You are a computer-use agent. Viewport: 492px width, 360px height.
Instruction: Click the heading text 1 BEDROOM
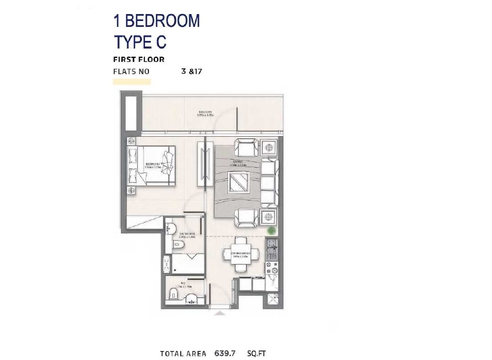click(156, 21)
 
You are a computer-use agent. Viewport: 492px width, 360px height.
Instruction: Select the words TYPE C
click(140, 42)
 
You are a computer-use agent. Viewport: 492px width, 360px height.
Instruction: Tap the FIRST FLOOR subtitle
click(138, 60)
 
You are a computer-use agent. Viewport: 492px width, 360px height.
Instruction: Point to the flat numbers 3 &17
click(192, 71)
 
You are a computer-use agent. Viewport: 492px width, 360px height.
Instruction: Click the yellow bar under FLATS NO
click(131, 82)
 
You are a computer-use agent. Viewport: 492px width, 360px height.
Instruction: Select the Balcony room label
click(205, 114)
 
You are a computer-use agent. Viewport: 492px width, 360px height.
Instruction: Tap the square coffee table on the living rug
click(240, 184)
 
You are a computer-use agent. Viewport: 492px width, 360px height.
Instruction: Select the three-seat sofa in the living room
click(269, 182)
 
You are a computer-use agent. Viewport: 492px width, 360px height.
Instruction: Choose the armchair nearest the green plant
click(246, 217)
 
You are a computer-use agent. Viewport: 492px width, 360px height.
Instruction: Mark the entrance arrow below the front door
click(220, 314)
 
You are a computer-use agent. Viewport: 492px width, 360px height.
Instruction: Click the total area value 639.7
click(225, 353)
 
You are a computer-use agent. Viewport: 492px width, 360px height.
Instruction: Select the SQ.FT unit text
click(257, 353)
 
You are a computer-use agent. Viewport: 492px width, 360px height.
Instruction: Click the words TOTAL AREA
click(183, 353)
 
